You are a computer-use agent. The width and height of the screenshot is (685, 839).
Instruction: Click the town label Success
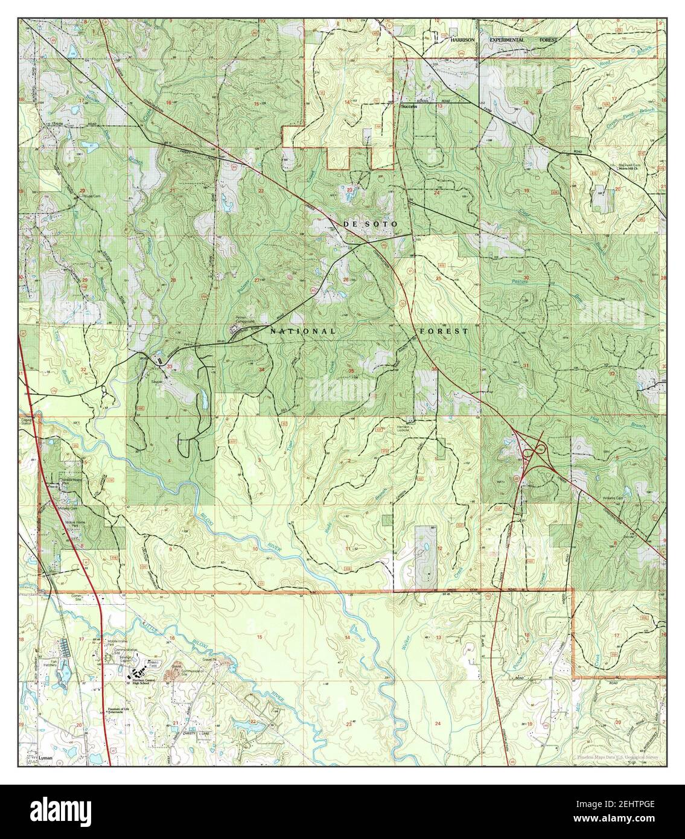click(409, 106)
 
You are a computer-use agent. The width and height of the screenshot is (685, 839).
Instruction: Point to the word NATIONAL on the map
click(302, 331)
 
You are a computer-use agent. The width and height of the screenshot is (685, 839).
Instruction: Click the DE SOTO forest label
click(371, 224)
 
